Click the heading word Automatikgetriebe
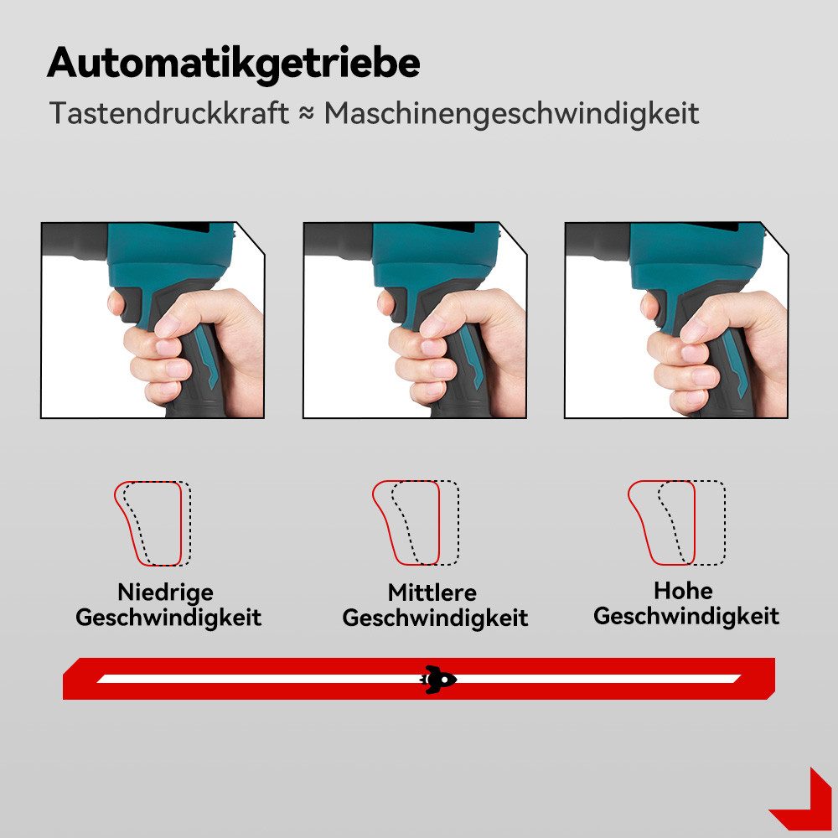pos(233,64)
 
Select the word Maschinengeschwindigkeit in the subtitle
pos(511,113)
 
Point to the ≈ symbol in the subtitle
pos(306,114)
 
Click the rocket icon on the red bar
pos(437,679)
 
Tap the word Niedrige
pos(165,592)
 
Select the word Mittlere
pos(432,593)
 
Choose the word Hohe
pos(683,590)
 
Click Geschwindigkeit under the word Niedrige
pos(168,618)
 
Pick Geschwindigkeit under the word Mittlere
pos(435,619)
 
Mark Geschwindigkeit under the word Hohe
pos(686,617)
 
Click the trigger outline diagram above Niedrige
pos(153,523)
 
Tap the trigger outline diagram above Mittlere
pos(416,523)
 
